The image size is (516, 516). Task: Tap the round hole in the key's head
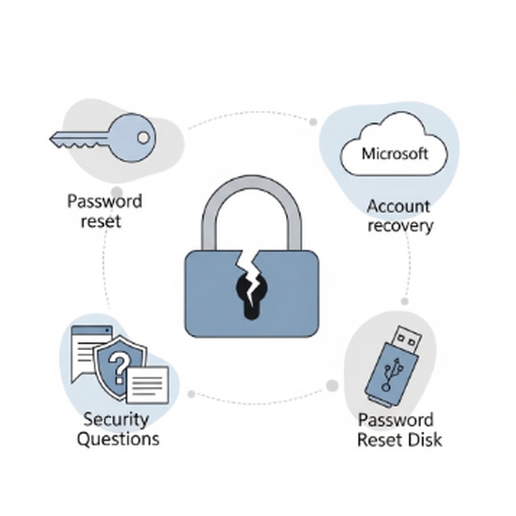[143, 137]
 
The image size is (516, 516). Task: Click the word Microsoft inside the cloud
[395, 153]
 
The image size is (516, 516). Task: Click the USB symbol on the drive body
[389, 373]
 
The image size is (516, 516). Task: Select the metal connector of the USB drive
[408, 341]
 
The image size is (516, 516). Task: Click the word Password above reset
[105, 202]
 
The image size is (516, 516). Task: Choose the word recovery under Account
[400, 225]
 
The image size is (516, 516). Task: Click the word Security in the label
[116, 419]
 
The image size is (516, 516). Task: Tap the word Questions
[118, 438]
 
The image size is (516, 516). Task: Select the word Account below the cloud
[398, 206]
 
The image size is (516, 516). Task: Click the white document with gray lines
[147, 384]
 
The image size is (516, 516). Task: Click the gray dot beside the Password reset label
[116, 192]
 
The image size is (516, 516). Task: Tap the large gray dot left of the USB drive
[332, 386]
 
